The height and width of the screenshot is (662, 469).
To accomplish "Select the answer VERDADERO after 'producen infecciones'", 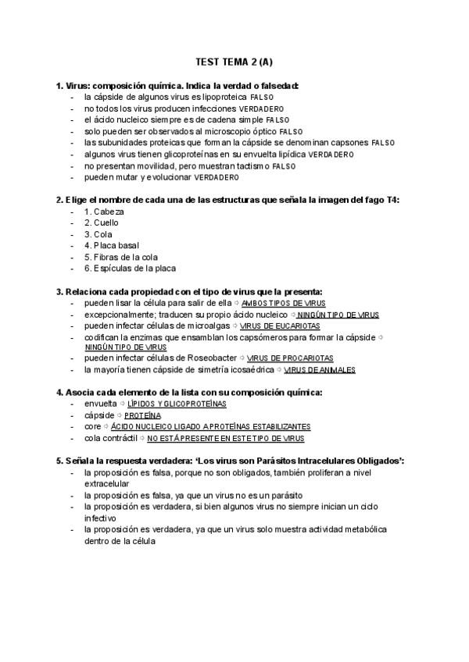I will tap(262, 109).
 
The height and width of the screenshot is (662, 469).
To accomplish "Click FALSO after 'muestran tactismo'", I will tap(285, 167).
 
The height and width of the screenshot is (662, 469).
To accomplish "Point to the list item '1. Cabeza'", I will tap(104, 212).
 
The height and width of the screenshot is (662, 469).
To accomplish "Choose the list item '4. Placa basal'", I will tap(111, 246).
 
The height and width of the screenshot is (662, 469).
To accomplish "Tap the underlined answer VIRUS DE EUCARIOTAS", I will tap(280, 326).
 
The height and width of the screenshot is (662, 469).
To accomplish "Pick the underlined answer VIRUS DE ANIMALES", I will tap(320, 370).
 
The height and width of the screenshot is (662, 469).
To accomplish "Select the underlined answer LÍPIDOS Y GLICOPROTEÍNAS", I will tap(177, 404).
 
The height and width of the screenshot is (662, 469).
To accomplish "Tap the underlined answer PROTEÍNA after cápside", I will tap(142, 416).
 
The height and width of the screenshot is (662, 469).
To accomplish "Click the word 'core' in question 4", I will tap(92, 427).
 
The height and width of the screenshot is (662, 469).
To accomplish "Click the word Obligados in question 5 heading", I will tap(374, 461).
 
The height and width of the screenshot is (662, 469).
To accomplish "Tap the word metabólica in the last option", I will tap(367, 529).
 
